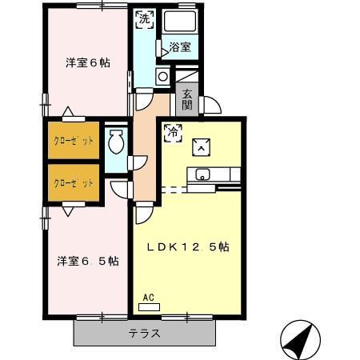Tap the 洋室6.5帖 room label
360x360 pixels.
coord(88,261)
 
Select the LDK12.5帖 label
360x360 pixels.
coord(188,248)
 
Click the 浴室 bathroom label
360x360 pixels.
coord(180,48)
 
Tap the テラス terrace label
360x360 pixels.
coord(145,334)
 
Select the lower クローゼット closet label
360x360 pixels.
coord(74,183)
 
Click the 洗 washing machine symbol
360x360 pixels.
coord(143,18)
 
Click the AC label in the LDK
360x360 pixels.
coord(148,298)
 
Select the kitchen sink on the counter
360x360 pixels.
coord(200,174)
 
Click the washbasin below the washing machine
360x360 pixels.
coord(162,77)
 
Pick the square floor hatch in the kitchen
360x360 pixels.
coord(201,146)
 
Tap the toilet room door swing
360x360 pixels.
coord(139,162)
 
